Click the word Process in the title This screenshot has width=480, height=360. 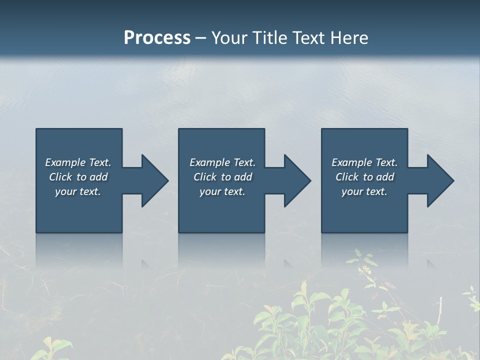point(157,38)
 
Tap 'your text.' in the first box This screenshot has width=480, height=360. point(78,191)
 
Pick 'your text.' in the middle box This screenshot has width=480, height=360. point(222,191)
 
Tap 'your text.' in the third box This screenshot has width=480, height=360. point(364,191)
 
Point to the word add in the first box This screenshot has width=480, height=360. point(98,177)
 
